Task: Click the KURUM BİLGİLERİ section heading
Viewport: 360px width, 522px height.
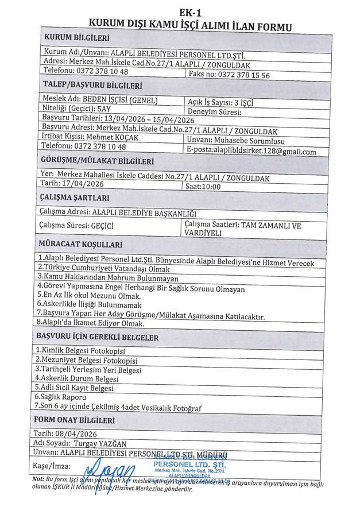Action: [x=77, y=38]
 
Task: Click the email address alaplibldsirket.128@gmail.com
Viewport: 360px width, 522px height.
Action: [x=268, y=152]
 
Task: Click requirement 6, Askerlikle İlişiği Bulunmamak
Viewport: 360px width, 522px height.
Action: [x=88, y=306]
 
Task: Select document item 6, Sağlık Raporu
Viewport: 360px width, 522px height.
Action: [x=62, y=397]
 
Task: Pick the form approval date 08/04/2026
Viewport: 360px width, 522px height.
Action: [x=81, y=434]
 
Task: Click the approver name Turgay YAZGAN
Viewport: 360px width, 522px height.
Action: [x=99, y=443]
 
